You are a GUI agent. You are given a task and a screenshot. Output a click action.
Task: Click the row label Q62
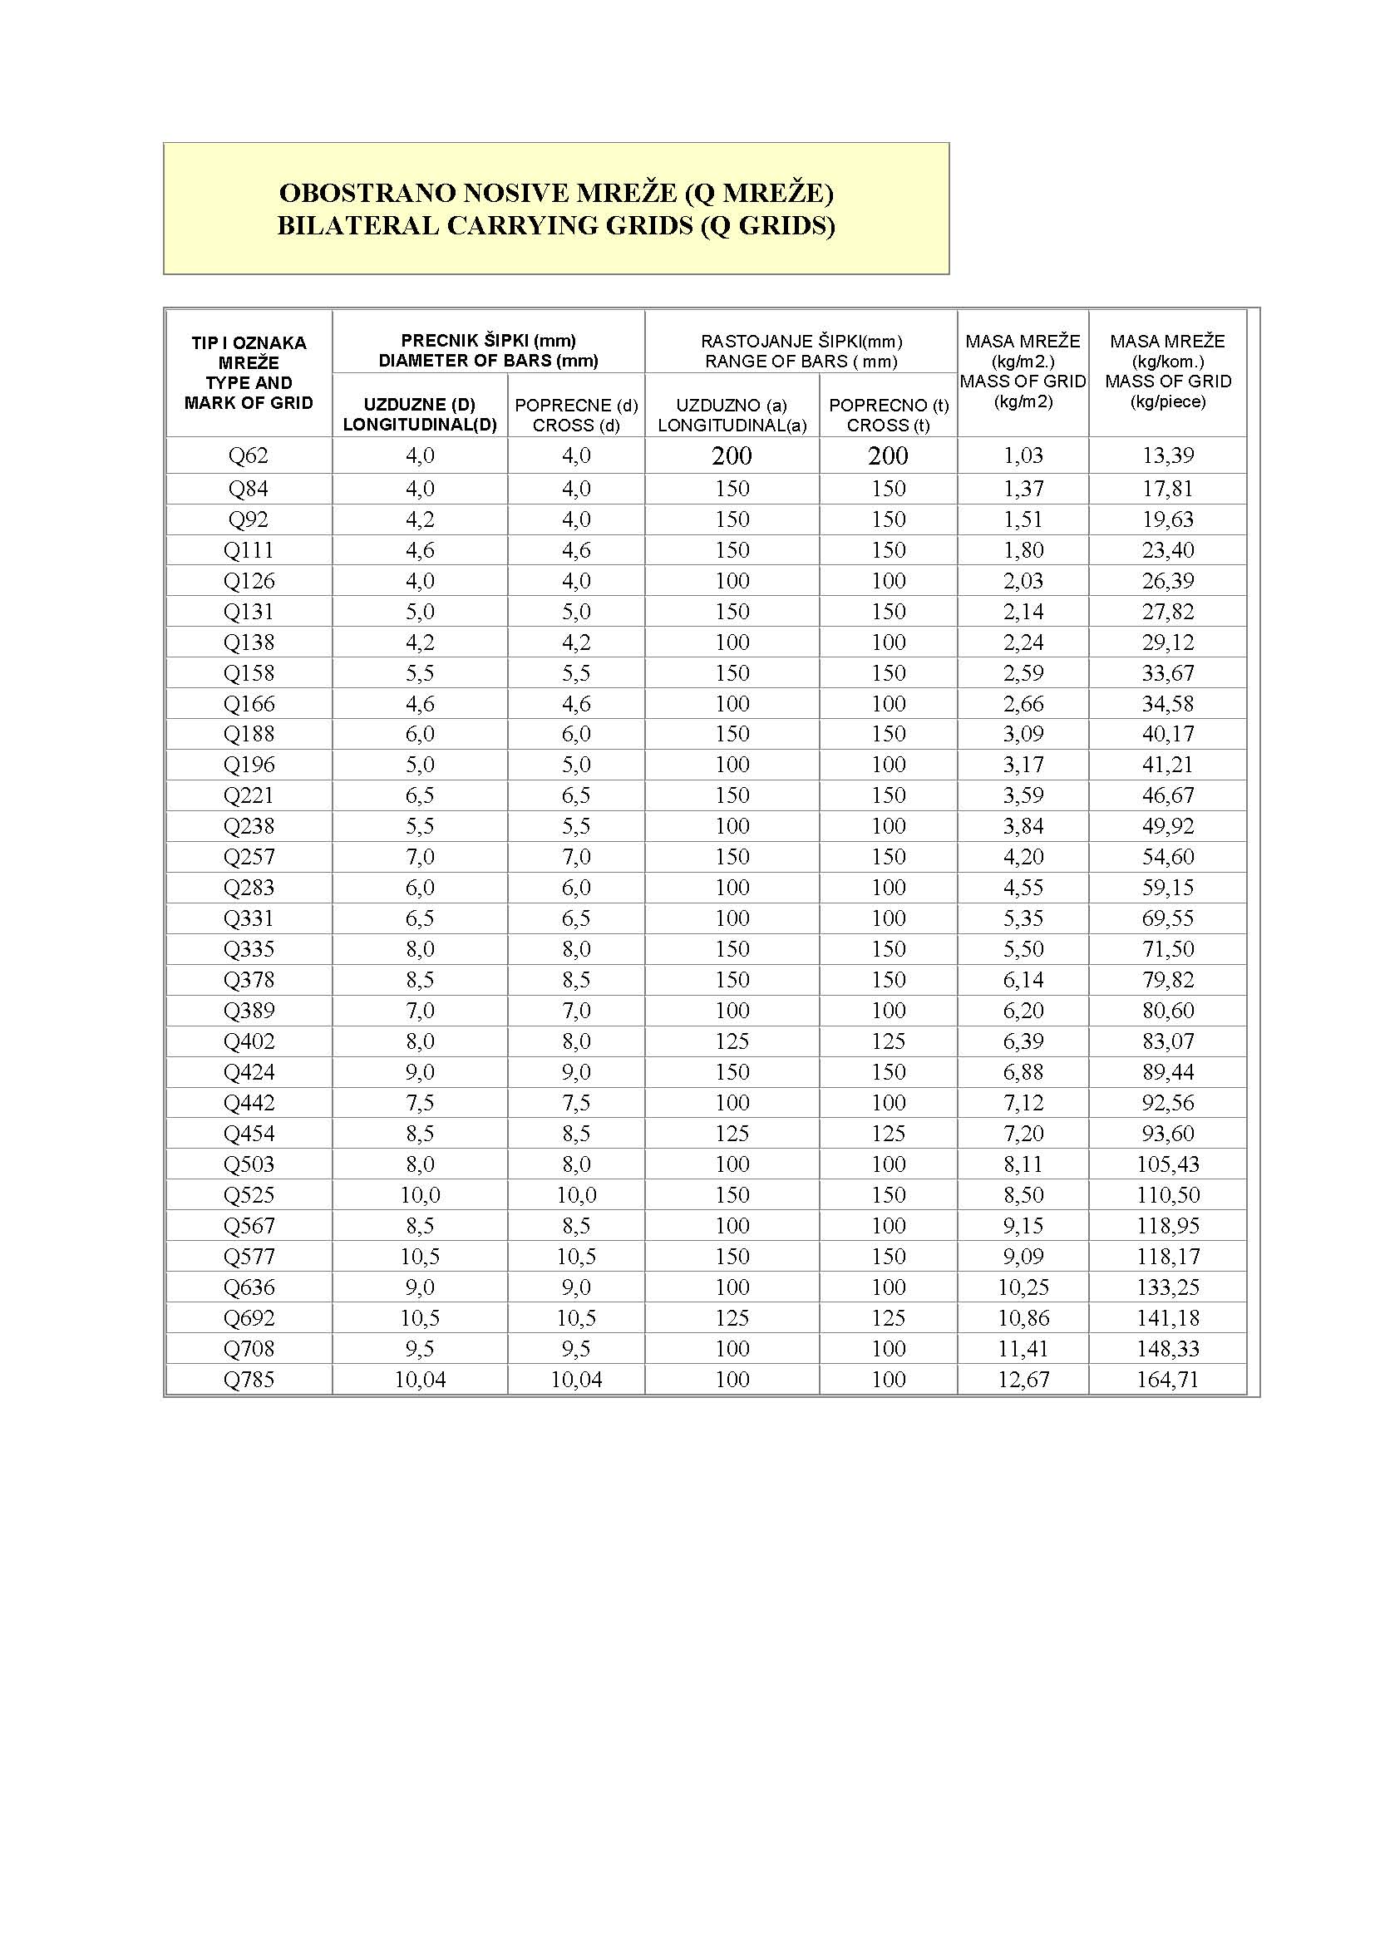[x=248, y=455]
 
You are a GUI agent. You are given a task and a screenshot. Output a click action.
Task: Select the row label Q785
[x=248, y=1380]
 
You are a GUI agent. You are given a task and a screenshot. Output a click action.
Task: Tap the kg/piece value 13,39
[x=1167, y=455]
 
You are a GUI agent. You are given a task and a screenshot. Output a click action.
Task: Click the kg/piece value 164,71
[x=1167, y=1380]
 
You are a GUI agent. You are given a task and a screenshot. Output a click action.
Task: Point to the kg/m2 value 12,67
[x=1023, y=1380]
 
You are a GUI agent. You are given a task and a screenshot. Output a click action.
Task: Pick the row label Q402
[x=248, y=1041]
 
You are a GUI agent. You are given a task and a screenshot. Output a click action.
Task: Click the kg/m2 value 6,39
[x=1023, y=1041]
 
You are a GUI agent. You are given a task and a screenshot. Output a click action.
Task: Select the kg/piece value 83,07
[x=1167, y=1041]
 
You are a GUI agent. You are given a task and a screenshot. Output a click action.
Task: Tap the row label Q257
[x=248, y=857]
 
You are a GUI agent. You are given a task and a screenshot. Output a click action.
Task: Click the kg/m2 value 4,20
[x=1023, y=857]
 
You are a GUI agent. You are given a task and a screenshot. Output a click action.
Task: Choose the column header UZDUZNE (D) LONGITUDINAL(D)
[x=419, y=415]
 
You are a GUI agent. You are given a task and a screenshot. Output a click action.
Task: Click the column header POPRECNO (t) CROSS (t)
[x=888, y=415]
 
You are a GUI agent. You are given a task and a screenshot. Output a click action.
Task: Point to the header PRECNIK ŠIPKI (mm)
[x=489, y=341]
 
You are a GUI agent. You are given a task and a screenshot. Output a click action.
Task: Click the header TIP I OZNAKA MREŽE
[x=248, y=352]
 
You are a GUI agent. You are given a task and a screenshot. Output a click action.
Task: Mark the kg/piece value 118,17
[x=1167, y=1257]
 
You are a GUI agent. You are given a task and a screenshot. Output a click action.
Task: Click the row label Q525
[x=248, y=1194]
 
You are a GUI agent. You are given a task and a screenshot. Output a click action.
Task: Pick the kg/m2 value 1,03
[x=1023, y=455]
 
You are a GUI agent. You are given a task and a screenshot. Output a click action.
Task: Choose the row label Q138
[x=248, y=642]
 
